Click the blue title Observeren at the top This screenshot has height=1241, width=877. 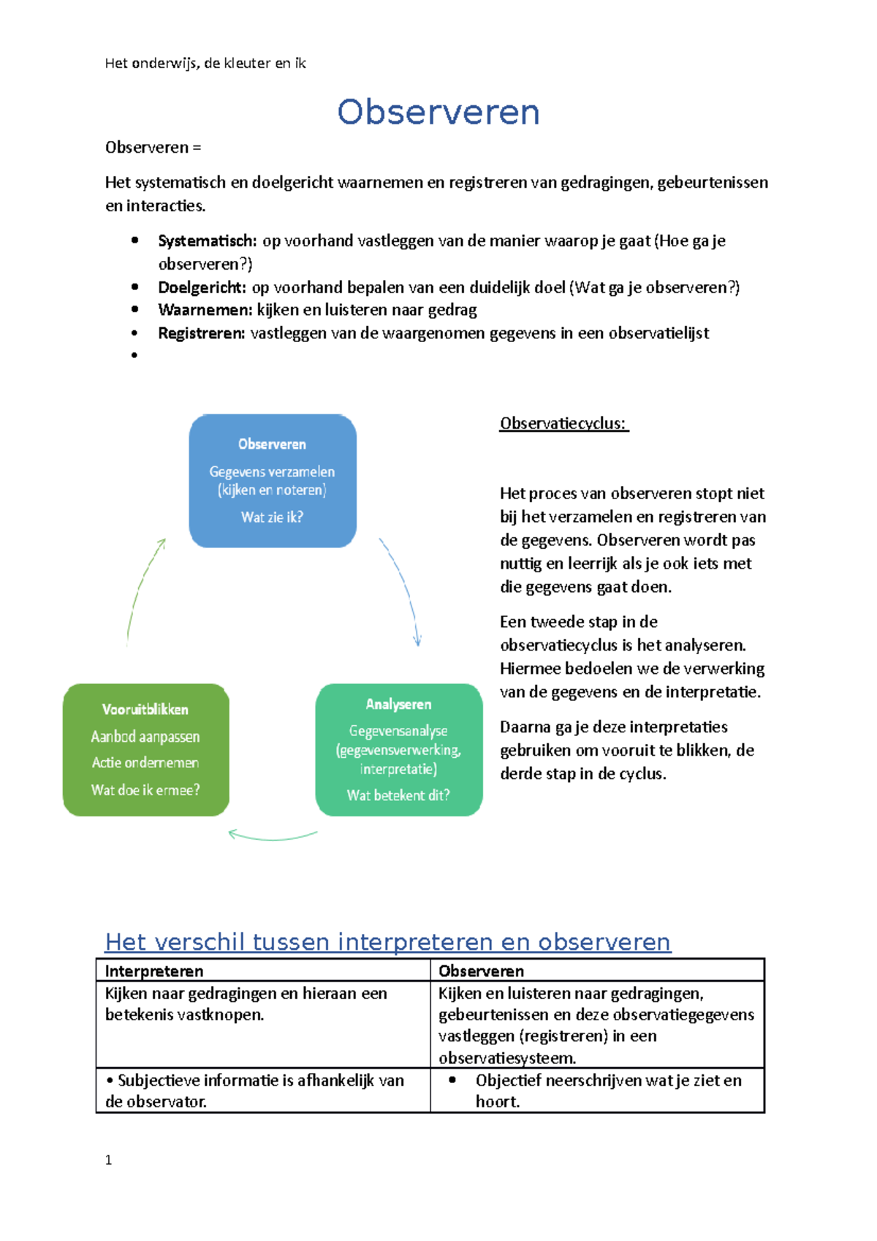[x=438, y=113]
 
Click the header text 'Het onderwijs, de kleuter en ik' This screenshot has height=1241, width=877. [x=205, y=64]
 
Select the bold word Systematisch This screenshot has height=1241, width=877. [x=207, y=241]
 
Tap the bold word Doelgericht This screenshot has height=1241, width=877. [x=202, y=287]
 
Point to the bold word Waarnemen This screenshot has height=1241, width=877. [x=205, y=310]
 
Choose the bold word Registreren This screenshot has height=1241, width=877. [x=202, y=333]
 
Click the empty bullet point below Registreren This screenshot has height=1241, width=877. [x=134, y=356]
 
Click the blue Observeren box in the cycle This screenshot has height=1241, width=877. [x=273, y=480]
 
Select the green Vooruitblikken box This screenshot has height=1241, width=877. [x=146, y=749]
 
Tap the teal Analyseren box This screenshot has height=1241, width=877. [x=398, y=749]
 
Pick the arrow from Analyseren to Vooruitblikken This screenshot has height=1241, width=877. [x=272, y=836]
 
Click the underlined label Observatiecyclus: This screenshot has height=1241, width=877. [x=563, y=424]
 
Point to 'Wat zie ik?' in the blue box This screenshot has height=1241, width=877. [x=272, y=517]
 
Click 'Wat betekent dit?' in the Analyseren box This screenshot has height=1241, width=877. [x=398, y=795]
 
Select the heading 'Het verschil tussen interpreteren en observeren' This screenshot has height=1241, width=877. [x=387, y=941]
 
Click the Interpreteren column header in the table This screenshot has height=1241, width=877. [x=154, y=971]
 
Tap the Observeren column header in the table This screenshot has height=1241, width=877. [x=481, y=971]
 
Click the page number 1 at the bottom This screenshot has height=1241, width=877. [x=109, y=1160]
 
